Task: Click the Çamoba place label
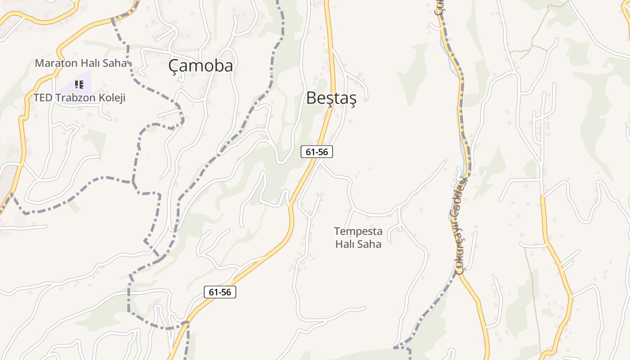pos(201,66)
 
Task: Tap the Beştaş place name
pos(331,98)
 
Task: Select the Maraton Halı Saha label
pos(81,63)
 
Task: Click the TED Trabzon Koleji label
pos(79,98)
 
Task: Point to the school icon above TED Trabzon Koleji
pos(79,84)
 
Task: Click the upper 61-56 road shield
pos(317,152)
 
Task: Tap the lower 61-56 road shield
pos(220,292)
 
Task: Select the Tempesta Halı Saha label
pos(358,238)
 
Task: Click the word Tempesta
pos(358,231)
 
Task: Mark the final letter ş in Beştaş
pos(352,99)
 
